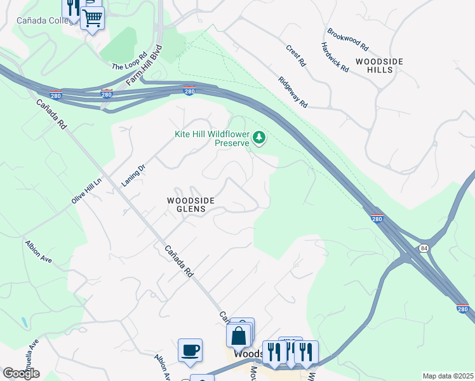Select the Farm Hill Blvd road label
click(x=145, y=65)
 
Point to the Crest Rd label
click(x=296, y=56)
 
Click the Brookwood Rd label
click(x=347, y=39)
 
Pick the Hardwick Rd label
click(x=335, y=57)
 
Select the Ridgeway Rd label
click(x=293, y=93)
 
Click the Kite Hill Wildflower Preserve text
click(x=212, y=138)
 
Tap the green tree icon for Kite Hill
click(x=258, y=137)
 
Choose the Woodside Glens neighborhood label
click(x=191, y=205)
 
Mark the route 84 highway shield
click(x=423, y=249)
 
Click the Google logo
click(x=21, y=373)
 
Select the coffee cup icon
click(x=190, y=350)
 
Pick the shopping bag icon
click(x=238, y=335)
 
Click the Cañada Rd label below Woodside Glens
click(x=180, y=262)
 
